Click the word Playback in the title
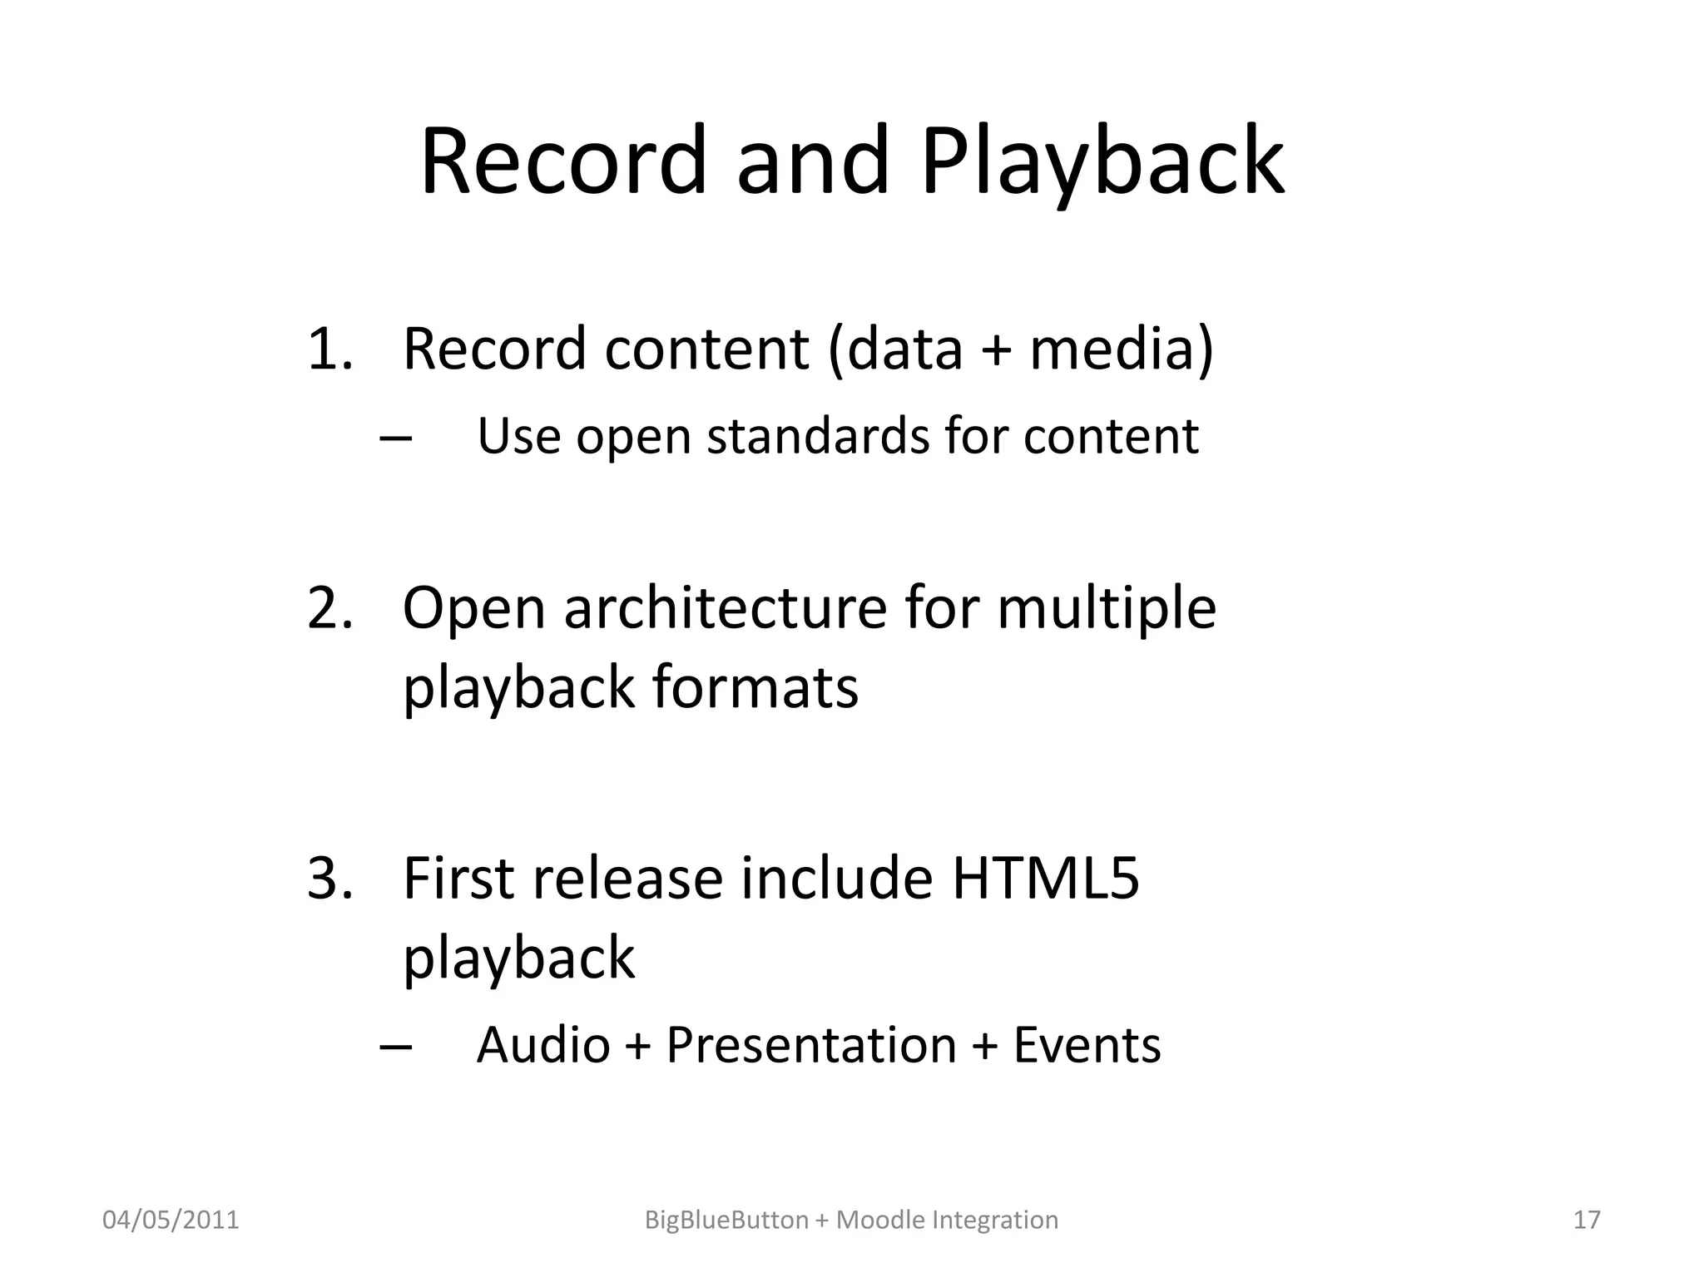pyautogui.click(x=1102, y=162)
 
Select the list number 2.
pyautogui.click(x=329, y=608)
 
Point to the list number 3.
pyautogui.click(x=329, y=879)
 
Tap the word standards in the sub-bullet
pyautogui.click(x=817, y=436)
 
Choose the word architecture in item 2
pyautogui.click(x=726, y=608)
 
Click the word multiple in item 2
pyautogui.click(x=1106, y=608)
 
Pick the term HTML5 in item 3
pyautogui.click(x=1045, y=879)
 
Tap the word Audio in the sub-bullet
pyautogui.click(x=542, y=1045)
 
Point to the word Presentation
pyautogui.click(x=811, y=1045)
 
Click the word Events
pyautogui.click(x=1086, y=1045)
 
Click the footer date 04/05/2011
pyautogui.click(x=171, y=1220)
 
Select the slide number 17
pyautogui.click(x=1587, y=1220)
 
